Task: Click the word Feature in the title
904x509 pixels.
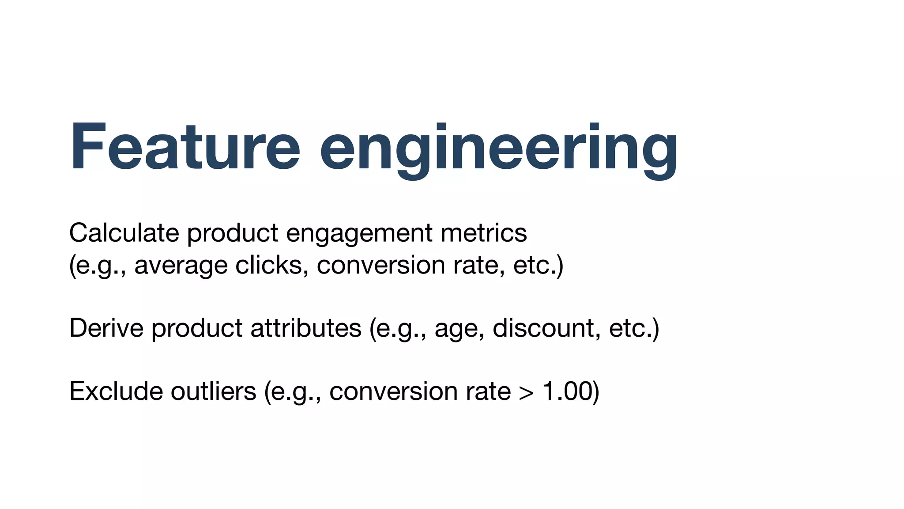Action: (x=185, y=146)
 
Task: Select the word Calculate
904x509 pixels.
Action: (x=124, y=233)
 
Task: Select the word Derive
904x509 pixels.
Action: (x=106, y=328)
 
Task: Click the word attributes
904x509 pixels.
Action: (x=306, y=328)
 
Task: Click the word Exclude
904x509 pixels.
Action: (x=116, y=391)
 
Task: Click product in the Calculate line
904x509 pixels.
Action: (x=233, y=234)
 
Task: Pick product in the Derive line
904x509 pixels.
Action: (x=197, y=329)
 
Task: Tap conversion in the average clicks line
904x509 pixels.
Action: (x=380, y=266)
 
